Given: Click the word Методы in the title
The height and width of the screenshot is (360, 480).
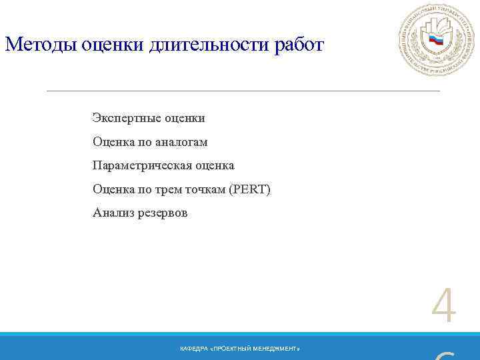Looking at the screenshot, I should point(41,45).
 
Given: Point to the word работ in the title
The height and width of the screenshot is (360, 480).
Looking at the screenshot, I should point(299,45).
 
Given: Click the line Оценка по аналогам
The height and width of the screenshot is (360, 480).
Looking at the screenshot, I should point(150,142).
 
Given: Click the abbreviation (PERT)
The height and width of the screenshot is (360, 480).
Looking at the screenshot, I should point(249,189).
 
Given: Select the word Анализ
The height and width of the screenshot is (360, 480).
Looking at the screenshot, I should point(112,213).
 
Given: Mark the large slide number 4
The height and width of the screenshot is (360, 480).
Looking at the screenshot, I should point(444,307).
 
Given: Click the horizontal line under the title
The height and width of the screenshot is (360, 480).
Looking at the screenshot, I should point(243,90).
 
